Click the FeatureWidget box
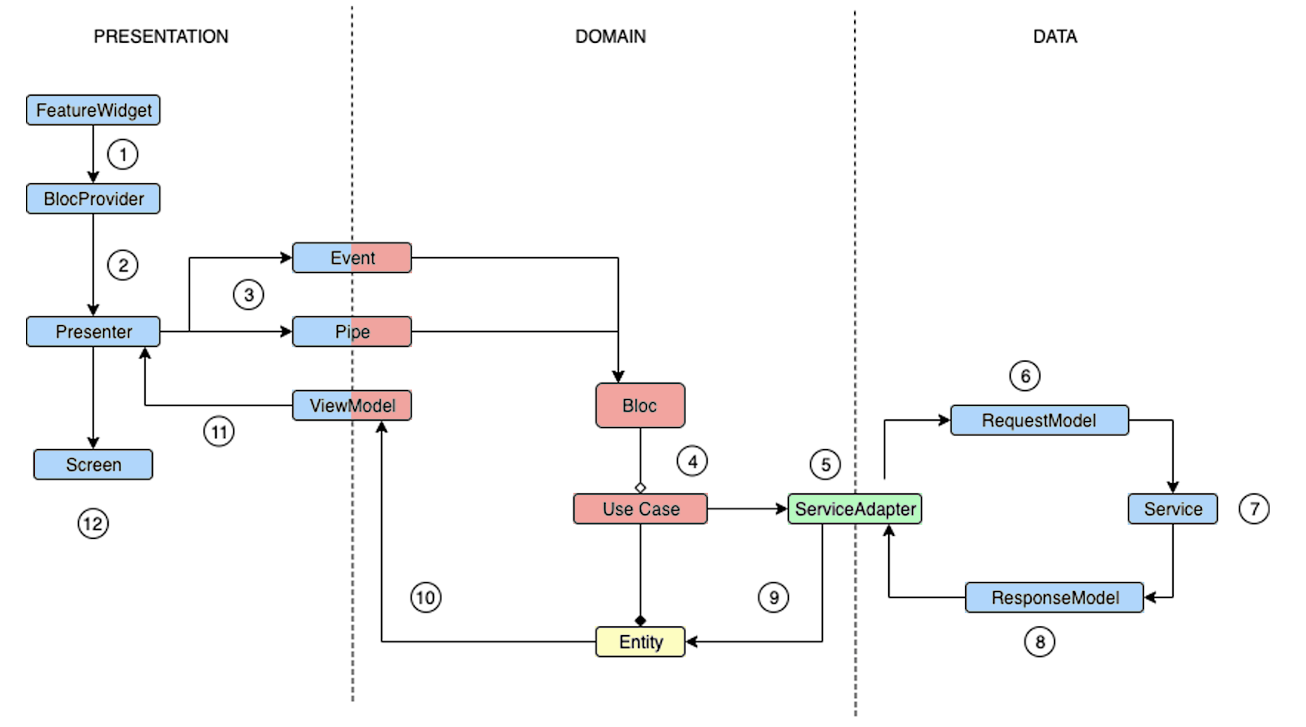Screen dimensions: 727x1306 (93, 110)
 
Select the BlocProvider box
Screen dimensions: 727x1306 (93, 198)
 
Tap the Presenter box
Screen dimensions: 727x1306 (93, 331)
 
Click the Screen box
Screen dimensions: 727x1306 (93, 465)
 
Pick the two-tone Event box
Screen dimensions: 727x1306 (352, 257)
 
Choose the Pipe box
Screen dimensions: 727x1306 (352, 331)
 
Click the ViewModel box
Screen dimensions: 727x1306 (352, 405)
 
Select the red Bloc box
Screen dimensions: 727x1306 (640, 405)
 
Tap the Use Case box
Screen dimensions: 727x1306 (640, 509)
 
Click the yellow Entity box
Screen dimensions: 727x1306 (640, 641)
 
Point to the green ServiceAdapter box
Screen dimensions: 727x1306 (855, 509)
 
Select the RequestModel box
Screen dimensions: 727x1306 (1039, 420)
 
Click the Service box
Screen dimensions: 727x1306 (1173, 509)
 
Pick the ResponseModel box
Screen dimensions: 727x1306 (1055, 597)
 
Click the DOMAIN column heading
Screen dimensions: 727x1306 (610, 37)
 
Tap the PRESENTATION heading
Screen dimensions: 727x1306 (161, 37)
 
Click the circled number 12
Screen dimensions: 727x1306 (93, 524)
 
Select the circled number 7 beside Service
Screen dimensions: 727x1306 (1254, 509)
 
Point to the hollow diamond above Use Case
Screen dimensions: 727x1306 (641, 488)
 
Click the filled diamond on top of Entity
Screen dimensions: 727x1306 (641, 620)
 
